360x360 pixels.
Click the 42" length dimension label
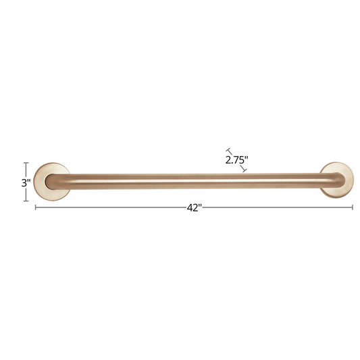pyautogui.click(x=195, y=208)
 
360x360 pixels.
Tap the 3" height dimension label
pyautogui.click(x=26, y=183)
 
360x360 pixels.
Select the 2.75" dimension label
pyautogui.click(x=236, y=160)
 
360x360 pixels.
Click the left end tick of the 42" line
pyautogui.click(x=35, y=207)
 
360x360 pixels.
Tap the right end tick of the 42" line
pyautogui.click(x=353, y=207)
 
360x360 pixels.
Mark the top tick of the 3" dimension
pyautogui.click(x=26, y=163)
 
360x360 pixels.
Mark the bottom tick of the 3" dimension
pyautogui.click(x=26, y=201)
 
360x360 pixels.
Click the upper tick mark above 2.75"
pyautogui.click(x=228, y=151)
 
